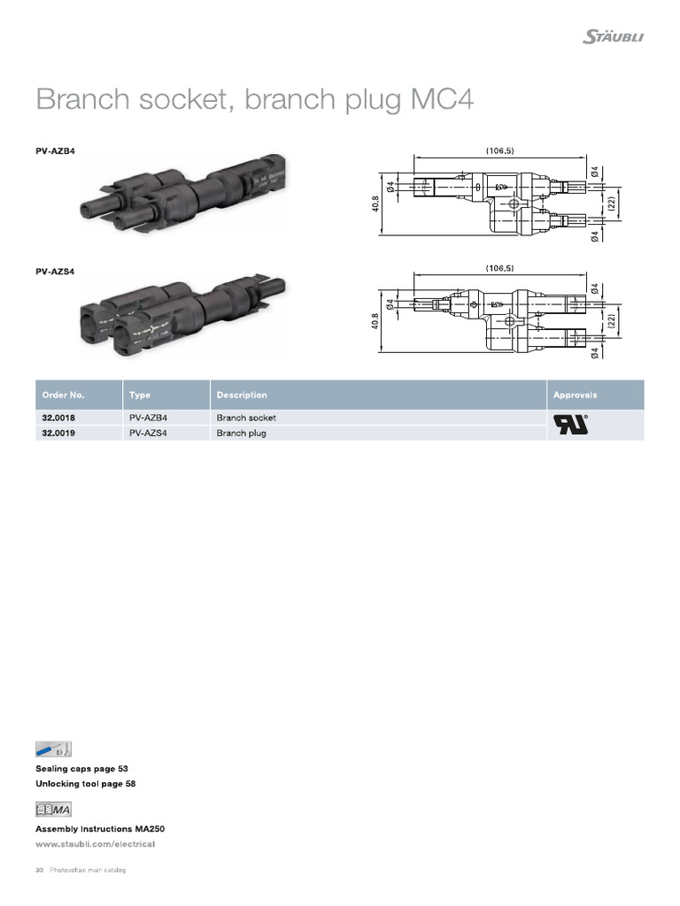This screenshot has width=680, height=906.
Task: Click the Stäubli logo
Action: (614, 36)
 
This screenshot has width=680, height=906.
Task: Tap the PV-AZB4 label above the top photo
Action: (55, 151)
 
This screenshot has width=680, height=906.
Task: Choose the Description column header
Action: (242, 395)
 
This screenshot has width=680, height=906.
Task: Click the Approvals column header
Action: (576, 395)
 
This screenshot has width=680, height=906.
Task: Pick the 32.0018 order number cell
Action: (58, 417)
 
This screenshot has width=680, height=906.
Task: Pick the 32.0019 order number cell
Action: (58, 434)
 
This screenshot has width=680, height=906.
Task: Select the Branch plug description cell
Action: (242, 434)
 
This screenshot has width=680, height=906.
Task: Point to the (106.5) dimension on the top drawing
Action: (500, 150)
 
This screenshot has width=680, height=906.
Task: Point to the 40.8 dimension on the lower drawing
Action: (375, 323)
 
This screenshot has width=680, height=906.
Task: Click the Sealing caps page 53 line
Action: (88, 769)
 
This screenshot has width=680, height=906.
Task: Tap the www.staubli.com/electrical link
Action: (95, 843)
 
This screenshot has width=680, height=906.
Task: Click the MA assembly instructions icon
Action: (53, 810)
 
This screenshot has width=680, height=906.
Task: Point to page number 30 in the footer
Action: (40, 871)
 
